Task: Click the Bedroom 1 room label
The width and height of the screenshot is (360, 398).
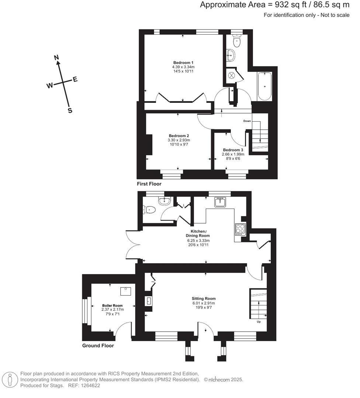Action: coord(183,62)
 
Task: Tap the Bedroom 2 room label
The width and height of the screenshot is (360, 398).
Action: coord(179,135)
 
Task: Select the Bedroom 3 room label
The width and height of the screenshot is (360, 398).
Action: coord(233,150)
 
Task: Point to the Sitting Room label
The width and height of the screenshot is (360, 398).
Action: coord(204,298)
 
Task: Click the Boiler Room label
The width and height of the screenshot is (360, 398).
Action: coord(112,306)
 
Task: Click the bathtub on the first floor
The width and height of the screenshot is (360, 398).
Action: coord(265,86)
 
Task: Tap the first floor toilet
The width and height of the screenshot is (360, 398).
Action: coord(237,41)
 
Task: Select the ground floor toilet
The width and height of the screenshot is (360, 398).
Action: coord(150,210)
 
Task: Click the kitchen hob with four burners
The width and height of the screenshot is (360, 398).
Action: coord(240,228)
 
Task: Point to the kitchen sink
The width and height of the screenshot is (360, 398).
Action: coord(221,202)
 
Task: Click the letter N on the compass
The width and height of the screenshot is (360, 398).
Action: coord(56,57)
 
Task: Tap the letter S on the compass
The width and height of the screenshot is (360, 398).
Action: coord(70,111)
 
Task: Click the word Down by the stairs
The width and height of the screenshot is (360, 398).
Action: coord(247,121)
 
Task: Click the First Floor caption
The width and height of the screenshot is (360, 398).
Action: coord(149,184)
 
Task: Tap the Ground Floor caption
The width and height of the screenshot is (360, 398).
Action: coord(98,346)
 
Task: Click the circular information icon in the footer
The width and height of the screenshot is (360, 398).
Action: coord(10,379)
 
